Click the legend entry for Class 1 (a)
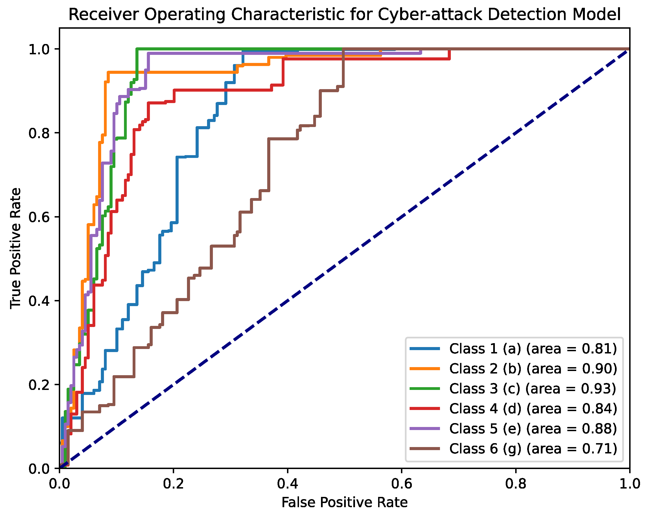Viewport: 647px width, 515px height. point(533,348)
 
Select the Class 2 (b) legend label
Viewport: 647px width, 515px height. point(533,368)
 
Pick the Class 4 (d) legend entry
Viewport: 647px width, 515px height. point(533,409)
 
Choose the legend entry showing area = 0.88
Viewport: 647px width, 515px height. point(533,429)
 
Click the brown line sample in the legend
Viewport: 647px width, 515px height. point(425,449)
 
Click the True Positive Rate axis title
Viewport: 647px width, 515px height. point(16,248)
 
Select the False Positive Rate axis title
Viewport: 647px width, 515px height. point(344,503)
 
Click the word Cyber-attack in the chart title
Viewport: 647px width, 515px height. point(430,14)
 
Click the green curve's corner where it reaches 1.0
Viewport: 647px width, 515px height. point(137,49)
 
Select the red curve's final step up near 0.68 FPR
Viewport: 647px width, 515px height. point(449,54)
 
